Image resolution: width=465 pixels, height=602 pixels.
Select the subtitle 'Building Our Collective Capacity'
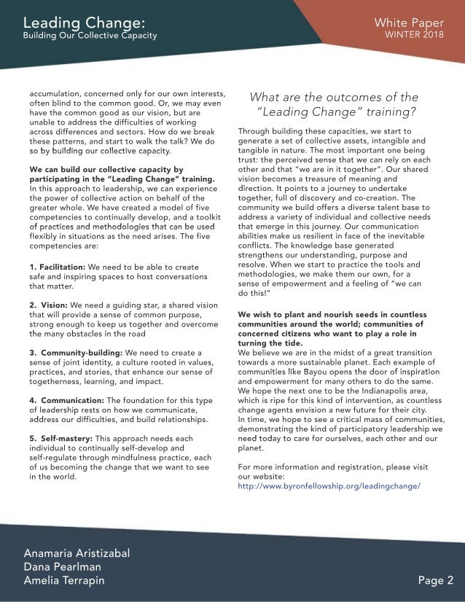90,36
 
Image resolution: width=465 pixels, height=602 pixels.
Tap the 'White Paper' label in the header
413,23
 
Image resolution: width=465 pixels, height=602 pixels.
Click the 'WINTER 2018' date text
415,35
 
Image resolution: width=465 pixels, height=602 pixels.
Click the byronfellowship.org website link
329,485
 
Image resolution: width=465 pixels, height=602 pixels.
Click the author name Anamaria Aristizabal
77,552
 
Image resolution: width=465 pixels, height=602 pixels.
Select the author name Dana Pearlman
62,566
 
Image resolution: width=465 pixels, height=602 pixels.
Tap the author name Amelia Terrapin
64,580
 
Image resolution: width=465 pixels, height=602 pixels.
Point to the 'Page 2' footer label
435,580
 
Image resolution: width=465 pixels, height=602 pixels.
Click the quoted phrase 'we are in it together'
331,169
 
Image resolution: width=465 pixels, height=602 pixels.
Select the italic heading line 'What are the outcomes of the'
334,97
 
